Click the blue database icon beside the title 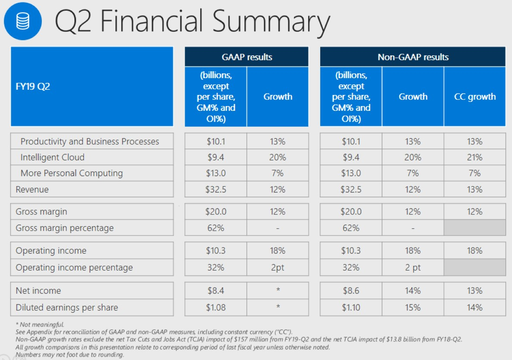(x=23, y=21)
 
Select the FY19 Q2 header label (x=33, y=86)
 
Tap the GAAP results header (x=247, y=57)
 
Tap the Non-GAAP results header (x=413, y=57)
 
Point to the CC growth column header (x=475, y=97)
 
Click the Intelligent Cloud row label (x=52, y=157)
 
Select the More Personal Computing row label (x=72, y=173)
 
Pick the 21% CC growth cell (x=475, y=157)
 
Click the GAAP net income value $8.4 (x=216, y=291)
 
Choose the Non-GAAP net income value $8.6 (x=351, y=291)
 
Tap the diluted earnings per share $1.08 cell (x=216, y=307)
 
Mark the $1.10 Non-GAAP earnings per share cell (x=351, y=307)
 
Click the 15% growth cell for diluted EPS (x=413, y=307)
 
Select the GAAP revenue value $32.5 (x=216, y=189)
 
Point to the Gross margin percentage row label (x=64, y=228)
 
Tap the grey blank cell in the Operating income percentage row (x=475, y=268)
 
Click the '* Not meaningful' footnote (x=40, y=325)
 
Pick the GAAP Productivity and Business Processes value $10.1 (x=216, y=141)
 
